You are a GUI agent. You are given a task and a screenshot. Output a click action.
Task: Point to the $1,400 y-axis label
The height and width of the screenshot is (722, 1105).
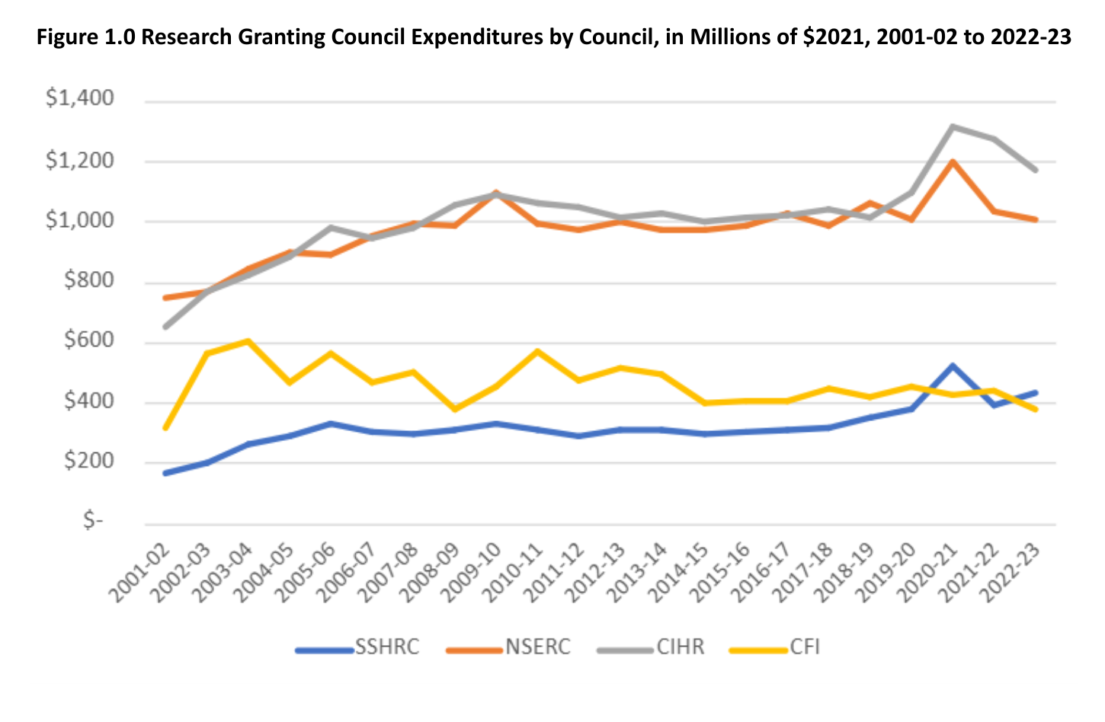pyautogui.click(x=80, y=98)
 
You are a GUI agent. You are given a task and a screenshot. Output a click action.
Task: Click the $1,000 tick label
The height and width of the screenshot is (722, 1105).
pyautogui.click(x=80, y=220)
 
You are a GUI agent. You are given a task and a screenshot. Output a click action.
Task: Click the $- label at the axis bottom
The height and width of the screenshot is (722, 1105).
pyautogui.click(x=93, y=521)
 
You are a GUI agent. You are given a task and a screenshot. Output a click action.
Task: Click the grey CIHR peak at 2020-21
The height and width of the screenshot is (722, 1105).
pyautogui.click(x=953, y=126)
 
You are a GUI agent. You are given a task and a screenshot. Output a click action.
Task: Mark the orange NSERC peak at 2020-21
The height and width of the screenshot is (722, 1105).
pyautogui.click(x=953, y=161)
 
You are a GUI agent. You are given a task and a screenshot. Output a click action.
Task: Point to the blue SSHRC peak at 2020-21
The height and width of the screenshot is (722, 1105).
pyautogui.click(x=953, y=366)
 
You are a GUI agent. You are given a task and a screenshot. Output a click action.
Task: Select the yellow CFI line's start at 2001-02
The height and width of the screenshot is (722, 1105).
pyautogui.click(x=165, y=428)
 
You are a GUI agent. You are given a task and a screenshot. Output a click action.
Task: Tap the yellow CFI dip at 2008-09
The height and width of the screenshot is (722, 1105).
pyautogui.click(x=455, y=409)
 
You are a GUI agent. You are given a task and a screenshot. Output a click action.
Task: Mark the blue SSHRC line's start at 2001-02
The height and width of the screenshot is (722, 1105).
pyautogui.click(x=165, y=473)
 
